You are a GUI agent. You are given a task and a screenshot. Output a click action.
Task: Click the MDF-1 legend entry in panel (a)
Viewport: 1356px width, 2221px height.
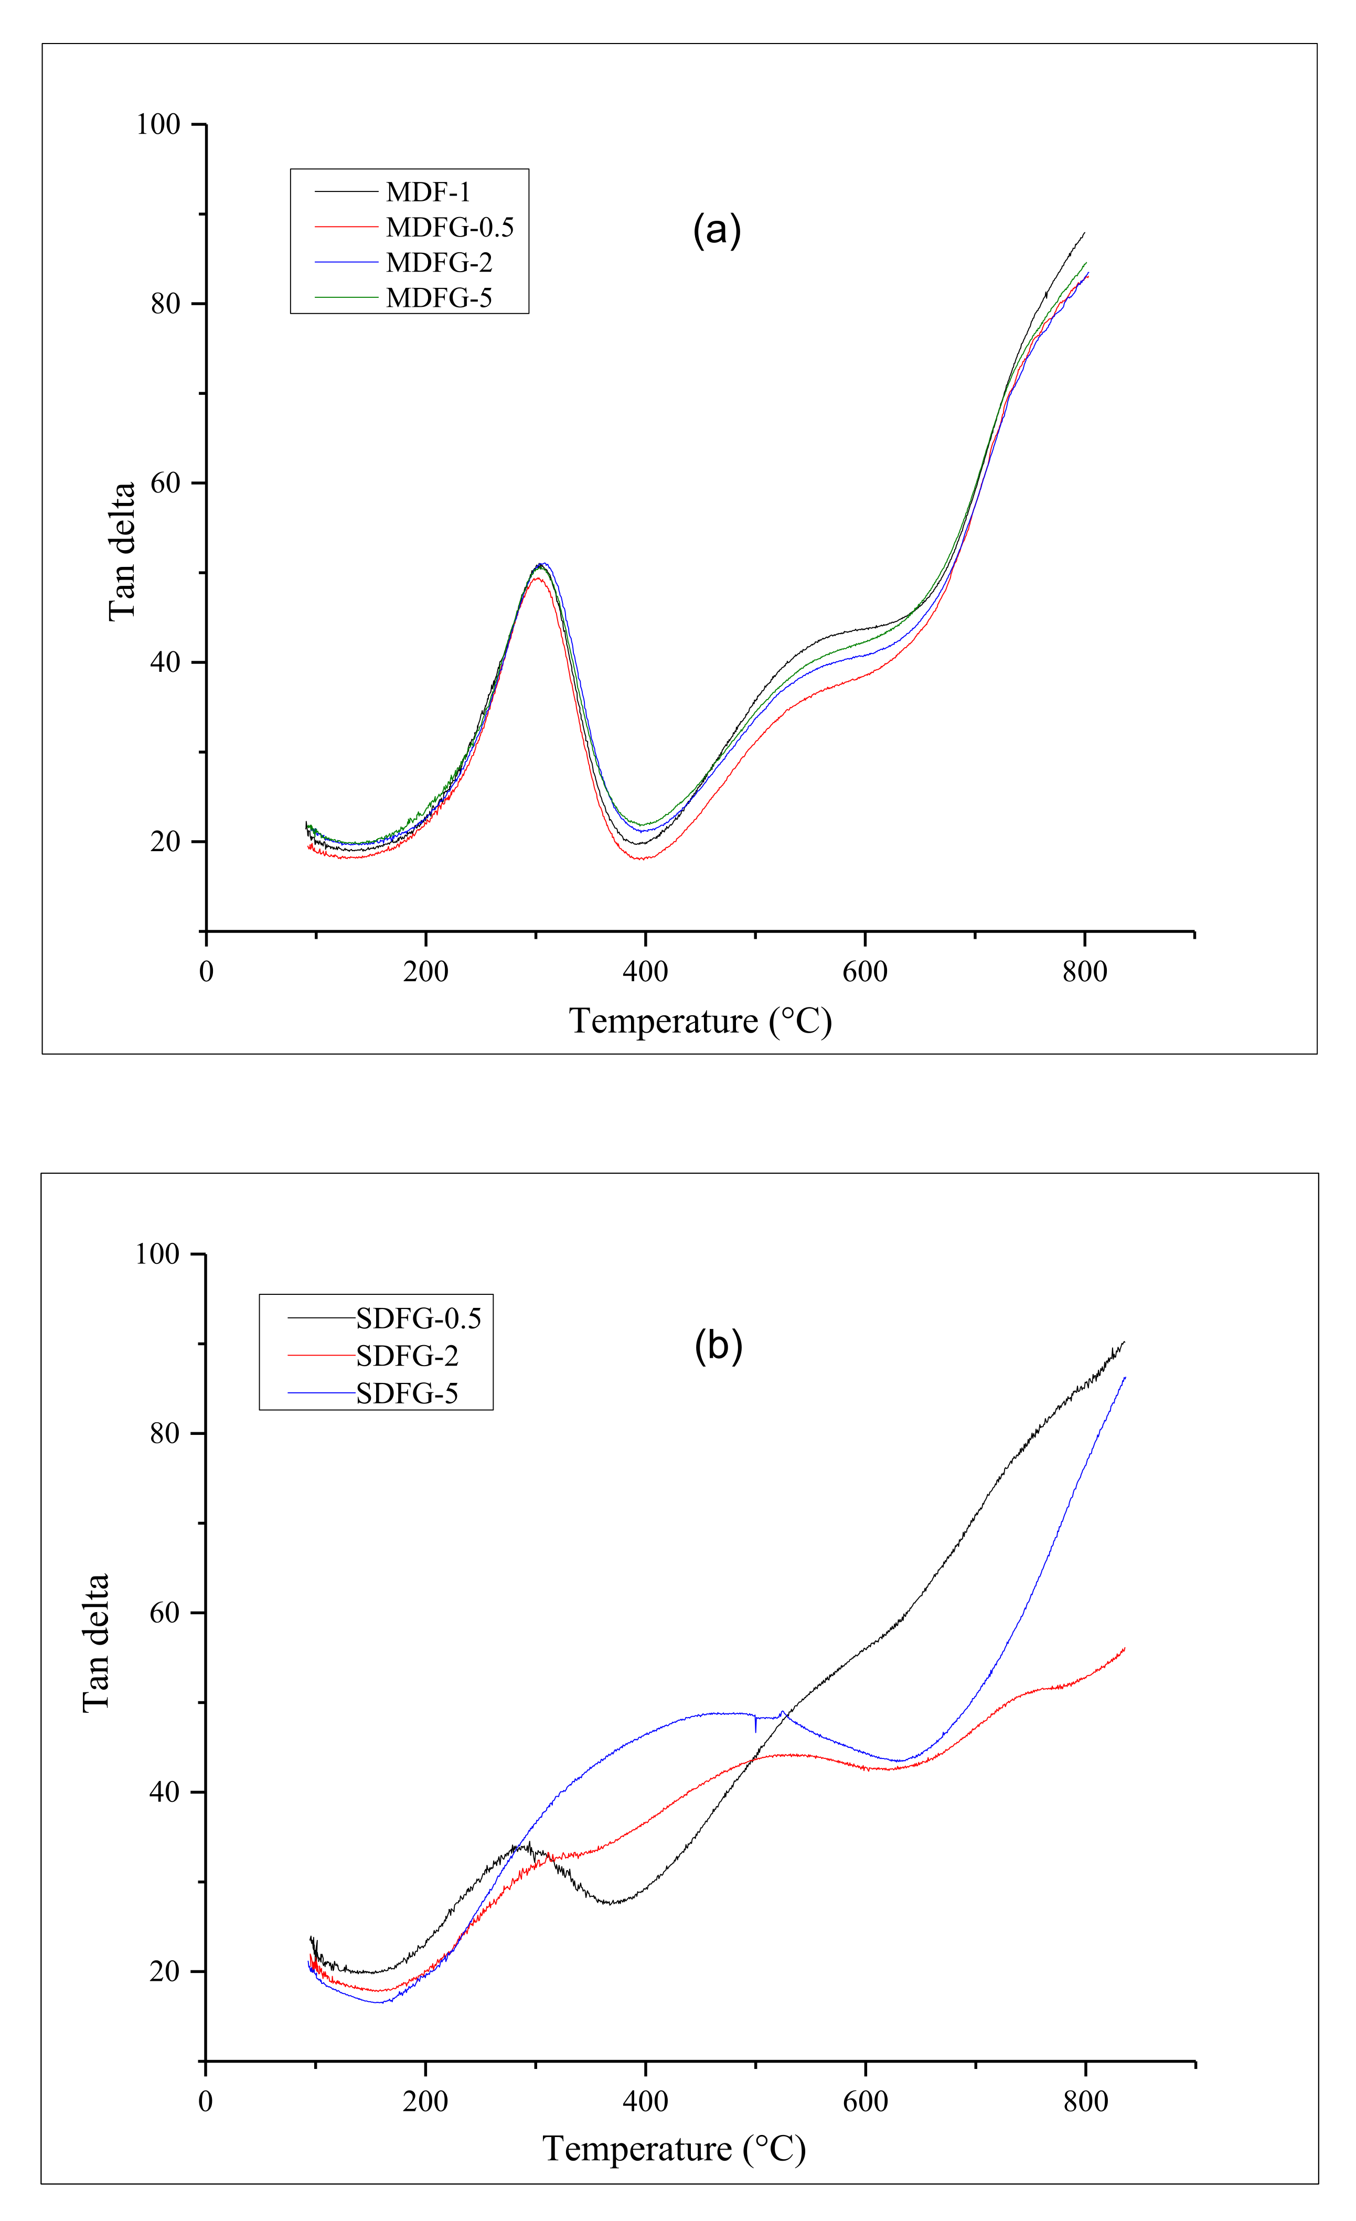click(428, 192)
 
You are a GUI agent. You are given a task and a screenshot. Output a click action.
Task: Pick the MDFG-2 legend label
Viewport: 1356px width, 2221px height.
click(439, 262)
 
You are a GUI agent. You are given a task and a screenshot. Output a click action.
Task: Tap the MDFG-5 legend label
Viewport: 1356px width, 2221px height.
click(439, 297)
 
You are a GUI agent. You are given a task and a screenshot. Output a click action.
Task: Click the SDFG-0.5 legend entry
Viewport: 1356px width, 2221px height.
click(419, 1319)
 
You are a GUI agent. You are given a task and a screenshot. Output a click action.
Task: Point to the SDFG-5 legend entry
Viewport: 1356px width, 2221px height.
click(407, 1393)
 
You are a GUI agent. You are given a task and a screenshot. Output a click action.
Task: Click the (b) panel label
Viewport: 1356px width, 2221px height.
click(719, 1347)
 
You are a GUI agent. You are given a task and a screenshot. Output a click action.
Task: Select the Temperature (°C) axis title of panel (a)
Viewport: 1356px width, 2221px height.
click(700, 1021)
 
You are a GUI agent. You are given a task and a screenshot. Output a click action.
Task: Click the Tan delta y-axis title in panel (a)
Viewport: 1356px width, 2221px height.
click(122, 552)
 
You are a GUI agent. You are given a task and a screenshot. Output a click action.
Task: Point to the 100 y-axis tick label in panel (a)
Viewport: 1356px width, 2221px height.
click(158, 124)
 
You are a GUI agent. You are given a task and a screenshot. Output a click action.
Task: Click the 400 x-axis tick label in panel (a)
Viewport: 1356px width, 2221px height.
click(646, 972)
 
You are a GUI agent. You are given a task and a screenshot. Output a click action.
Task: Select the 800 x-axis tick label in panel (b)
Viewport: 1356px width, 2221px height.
click(1085, 2101)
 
